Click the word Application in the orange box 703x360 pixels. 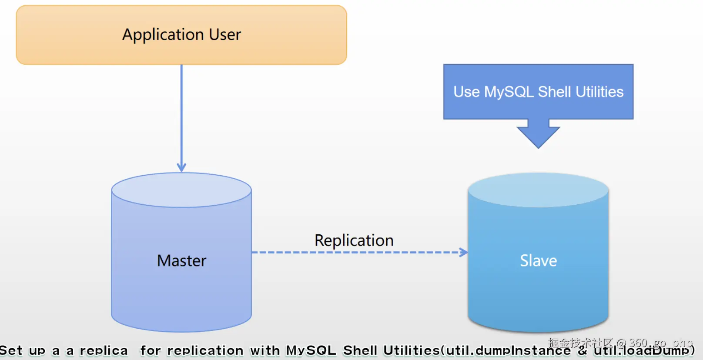pos(163,35)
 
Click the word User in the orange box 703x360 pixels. pos(224,35)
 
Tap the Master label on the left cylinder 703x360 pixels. pos(181,261)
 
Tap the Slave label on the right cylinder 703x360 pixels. pos(538,261)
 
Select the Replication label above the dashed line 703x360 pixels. pos(354,240)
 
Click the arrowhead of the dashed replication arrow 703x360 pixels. pos(464,252)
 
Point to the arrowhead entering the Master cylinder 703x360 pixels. pos(181,167)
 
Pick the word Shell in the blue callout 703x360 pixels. pos(554,92)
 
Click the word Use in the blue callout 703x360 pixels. pos(466,92)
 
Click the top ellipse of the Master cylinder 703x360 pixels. pos(181,190)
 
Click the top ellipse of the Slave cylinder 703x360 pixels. pos(538,190)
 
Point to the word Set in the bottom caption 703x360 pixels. pos(11,351)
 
